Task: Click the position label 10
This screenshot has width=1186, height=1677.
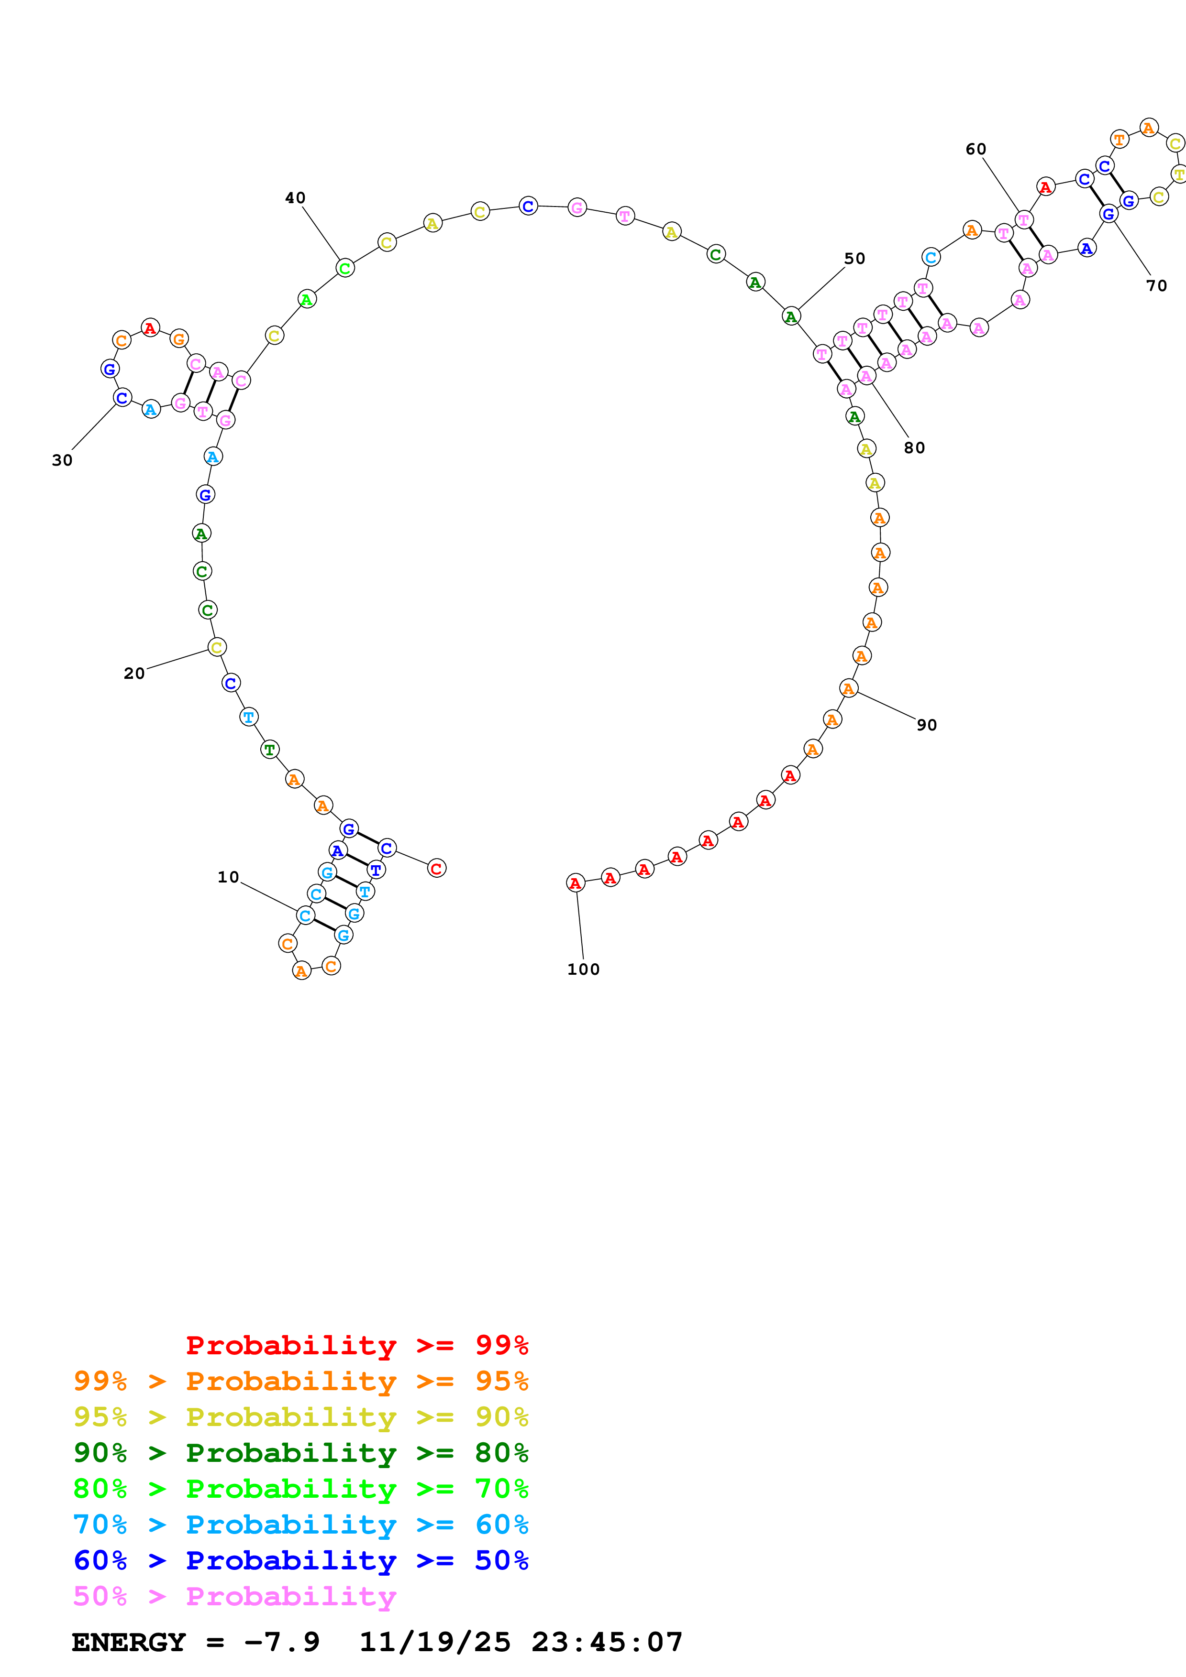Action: (x=228, y=877)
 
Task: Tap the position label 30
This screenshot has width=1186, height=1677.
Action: (x=62, y=460)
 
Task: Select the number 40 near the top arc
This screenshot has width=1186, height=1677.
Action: (x=295, y=198)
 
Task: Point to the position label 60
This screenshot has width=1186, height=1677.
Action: (x=975, y=149)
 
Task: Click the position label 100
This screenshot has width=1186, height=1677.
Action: (x=583, y=969)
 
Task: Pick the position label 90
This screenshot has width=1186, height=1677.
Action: (x=927, y=725)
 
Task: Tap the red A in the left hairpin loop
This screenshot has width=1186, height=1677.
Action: (x=150, y=328)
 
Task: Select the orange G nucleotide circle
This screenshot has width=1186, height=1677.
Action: (x=179, y=339)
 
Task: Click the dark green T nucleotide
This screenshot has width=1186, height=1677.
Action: (x=270, y=750)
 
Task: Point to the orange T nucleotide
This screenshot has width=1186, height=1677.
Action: (x=1119, y=139)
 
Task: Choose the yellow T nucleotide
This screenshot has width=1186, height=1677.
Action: (x=1178, y=174)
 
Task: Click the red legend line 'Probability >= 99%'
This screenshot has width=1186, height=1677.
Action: (x=356, y=1345)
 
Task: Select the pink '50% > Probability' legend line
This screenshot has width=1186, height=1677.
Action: (x=234, y=1596)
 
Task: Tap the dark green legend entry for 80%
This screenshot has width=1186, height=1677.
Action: (x=300, y=1453)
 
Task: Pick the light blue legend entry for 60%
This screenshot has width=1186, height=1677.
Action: (x=300, y=1525)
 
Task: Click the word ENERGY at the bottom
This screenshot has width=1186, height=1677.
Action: (x=129, y=1642)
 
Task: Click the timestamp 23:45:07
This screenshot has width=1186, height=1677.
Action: (x=607, y=1642)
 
